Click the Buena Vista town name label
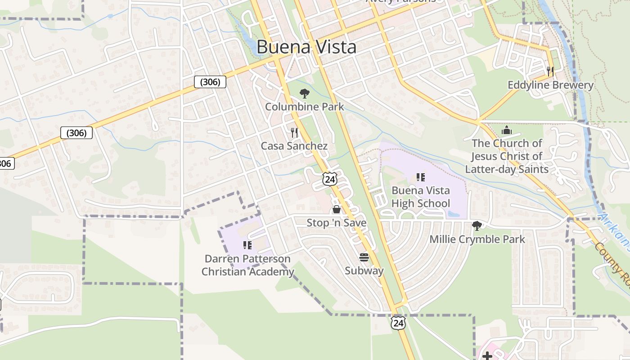point(306,47)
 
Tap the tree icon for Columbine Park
point(305,94)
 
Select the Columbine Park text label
point(304,107)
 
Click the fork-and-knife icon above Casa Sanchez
point(294,132)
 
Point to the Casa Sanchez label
point(294,146)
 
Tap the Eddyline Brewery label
point(550,85)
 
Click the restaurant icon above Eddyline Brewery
point(550,71)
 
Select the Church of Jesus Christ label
point(507,156)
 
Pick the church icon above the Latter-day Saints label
point(507,130)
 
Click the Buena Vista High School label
point(421,197)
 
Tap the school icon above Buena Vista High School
point(421,177)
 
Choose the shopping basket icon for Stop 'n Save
point(336,209)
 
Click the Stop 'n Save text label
point(337,223)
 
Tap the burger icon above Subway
point(364,257)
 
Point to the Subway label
point(364,270)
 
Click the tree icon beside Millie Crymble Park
point(477,225)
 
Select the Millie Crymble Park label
point(477,239)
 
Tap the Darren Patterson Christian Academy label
point(247,265)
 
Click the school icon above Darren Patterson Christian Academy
point(247,245)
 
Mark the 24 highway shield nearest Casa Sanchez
point(330,179)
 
